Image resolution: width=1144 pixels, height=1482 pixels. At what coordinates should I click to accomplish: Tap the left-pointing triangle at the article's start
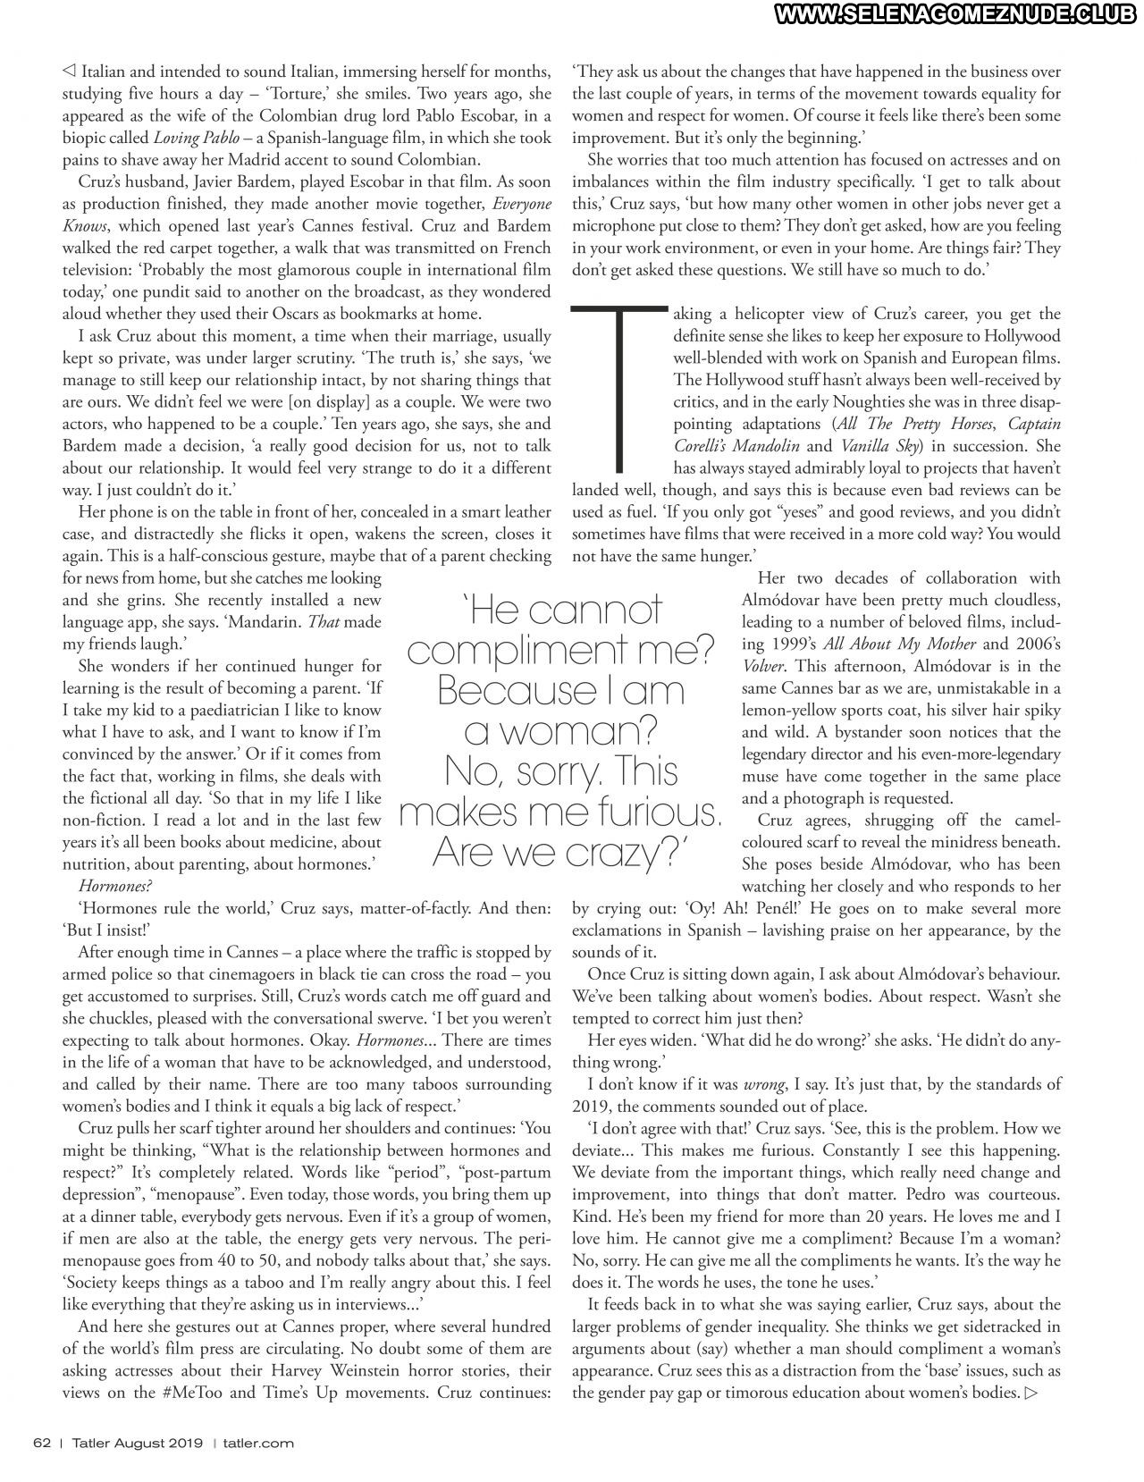(x=69, y=72)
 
